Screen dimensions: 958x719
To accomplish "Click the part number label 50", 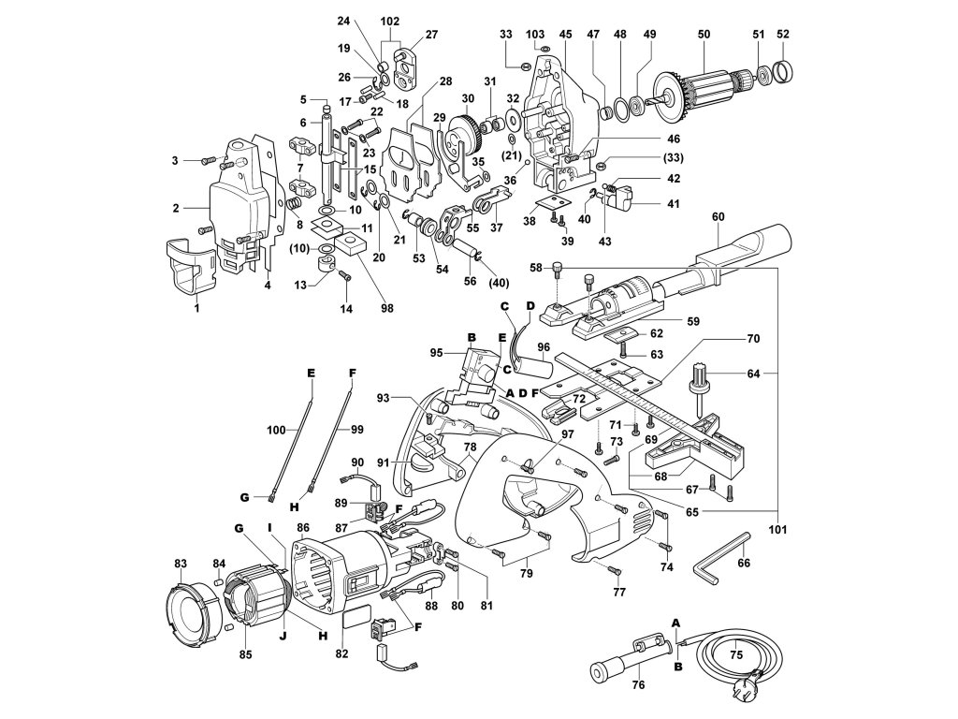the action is (704, 35).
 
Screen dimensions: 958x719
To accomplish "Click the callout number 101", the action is (777, 530).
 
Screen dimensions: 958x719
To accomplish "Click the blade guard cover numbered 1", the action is (191, 270).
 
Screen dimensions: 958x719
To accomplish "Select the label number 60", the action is (718, 216).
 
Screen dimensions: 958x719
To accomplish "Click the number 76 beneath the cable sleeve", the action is (638, 684).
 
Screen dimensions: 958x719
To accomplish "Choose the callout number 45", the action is (565, 35).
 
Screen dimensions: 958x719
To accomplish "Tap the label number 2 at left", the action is (176, 209).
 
